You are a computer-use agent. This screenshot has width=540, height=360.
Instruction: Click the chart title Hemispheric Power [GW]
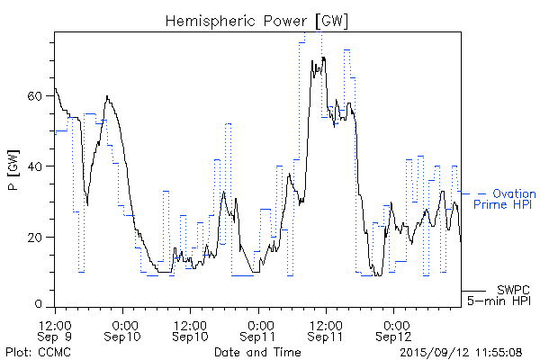[257, 19]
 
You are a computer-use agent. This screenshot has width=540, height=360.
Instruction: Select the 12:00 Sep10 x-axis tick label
[190, 329]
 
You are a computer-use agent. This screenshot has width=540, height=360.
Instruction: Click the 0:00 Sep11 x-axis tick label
[258, 329]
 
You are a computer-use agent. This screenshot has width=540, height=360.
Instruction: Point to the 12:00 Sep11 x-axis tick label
[325, 329]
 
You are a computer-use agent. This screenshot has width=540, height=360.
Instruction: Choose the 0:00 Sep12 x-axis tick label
[393, 329]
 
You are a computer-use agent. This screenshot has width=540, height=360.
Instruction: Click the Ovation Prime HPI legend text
[504, 199]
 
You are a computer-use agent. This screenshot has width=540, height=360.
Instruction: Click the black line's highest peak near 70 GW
[322, 58]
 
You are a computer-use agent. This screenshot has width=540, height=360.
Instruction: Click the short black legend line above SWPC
[473, 291]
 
